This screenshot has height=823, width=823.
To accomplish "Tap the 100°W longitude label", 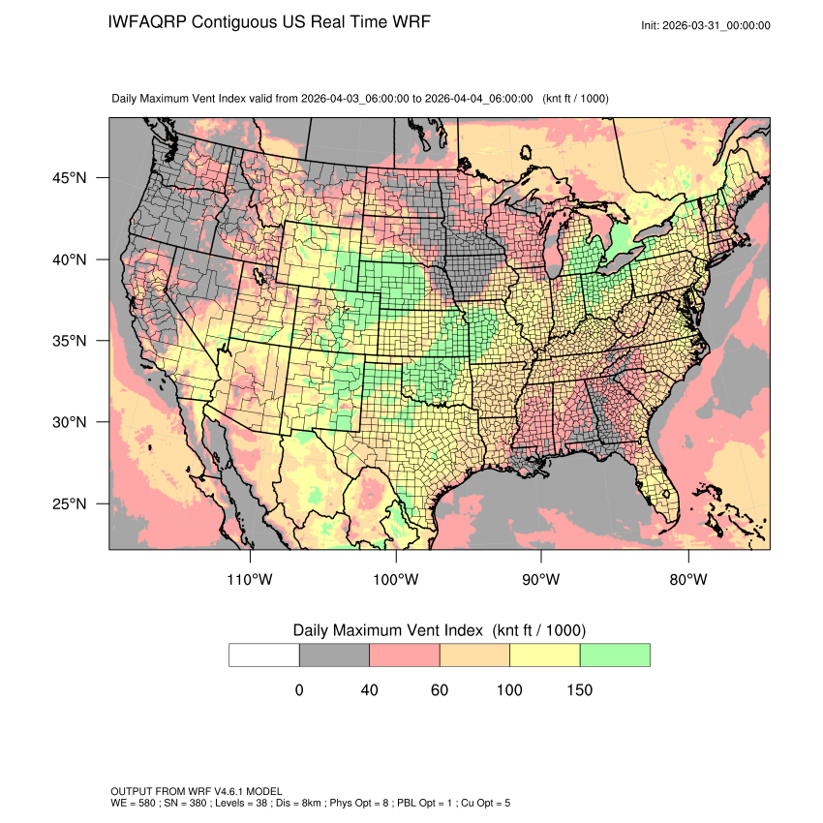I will pyautogui.click(x=396, y=580).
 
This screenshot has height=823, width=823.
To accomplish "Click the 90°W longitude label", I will pyautogui.click(x=541, y=580).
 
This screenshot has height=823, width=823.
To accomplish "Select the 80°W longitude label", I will pyautogui.click(x=687, y=580).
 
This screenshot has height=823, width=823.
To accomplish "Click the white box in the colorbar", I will pyautogui.click(x=264, y=655).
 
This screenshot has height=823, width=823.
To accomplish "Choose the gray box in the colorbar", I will pyautogui.click(x=334, y=655).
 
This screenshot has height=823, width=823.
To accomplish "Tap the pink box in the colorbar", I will pyautogui.click(x=405, y=655).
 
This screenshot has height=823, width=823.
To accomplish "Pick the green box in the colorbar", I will pyautogui.click(x=615, y=655).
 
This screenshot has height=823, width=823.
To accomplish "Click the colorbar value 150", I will pyautogui.click(x=579, y=690).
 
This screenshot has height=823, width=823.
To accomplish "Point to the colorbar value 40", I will pyautogui.click(x=369, y=690).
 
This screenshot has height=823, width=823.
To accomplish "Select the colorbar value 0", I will pyautogui.click(x=299, y=690).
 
